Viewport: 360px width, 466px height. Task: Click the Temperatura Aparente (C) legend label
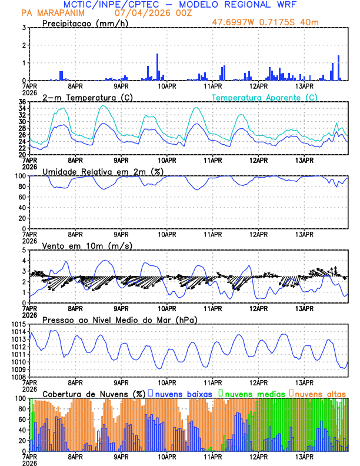[x=264, y=97]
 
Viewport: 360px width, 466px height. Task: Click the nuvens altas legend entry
[x=318, y=393]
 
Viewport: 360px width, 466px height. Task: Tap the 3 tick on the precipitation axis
[x=23, y=28]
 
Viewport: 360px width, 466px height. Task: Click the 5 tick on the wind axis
[x=23, y=250]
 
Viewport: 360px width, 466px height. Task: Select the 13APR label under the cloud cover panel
[x=304, y=457]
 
